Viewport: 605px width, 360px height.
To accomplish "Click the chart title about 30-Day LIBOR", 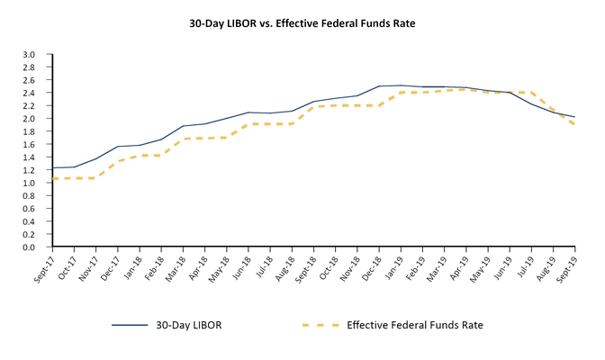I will tap(302, 21).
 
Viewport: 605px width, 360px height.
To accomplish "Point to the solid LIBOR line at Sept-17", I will tap(53, 167).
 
